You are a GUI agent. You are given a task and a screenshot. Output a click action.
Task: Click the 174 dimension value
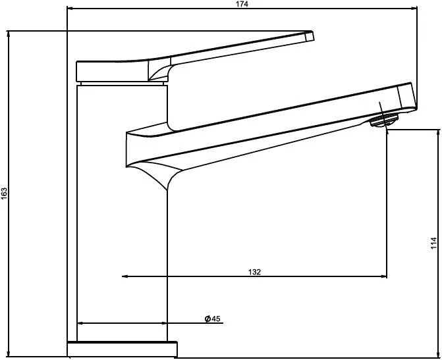click(x=242, y=4)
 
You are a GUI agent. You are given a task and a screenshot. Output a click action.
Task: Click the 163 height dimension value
click(x=4, y=193)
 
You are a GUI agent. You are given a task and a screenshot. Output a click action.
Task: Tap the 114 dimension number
click(x=433, y=243)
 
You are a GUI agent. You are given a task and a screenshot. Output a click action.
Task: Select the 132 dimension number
click(x=254, y=272)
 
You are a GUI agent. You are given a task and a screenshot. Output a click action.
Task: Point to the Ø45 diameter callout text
click(x=212, y=319)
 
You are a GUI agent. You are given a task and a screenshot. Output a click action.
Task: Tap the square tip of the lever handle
click(x=309, y=37)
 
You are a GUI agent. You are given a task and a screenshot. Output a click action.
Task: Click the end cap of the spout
click(x=407, y=96)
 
